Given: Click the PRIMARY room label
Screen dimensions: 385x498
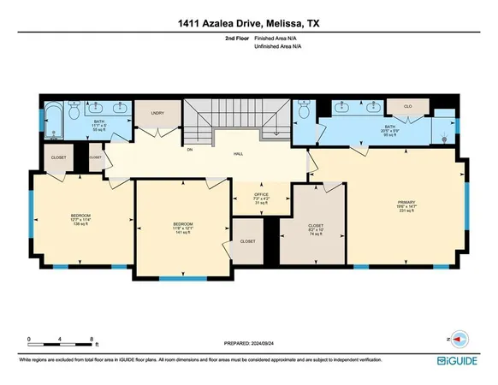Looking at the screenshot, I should tap(394, 202).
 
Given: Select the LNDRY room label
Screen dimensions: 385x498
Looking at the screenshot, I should tap(157, 112).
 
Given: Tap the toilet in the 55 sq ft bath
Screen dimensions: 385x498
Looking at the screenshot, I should tap(74, 111).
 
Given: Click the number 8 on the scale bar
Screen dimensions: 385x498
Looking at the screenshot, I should tap(68, 340).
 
